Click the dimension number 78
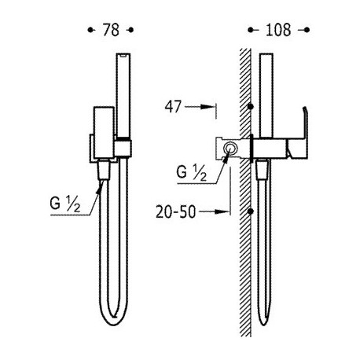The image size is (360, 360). [111, 30]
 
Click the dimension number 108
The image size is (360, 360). [278, 30]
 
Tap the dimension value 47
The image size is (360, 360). [173, 107]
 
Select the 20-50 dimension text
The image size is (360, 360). [176, 211]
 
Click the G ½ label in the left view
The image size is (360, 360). [65, 204]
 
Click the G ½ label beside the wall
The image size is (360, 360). [192, 173]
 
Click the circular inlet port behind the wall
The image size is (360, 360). [231, 149]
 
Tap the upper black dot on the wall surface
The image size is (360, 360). [251, 106]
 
